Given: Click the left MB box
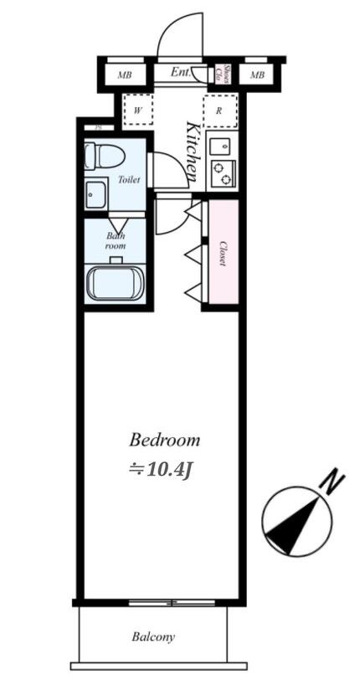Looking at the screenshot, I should click(125, 75).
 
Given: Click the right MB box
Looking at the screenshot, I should click(257, 75).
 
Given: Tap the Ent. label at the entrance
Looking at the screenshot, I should click(181, 73).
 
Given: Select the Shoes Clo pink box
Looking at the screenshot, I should click(223, 74).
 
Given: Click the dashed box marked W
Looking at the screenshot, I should click(138, 110).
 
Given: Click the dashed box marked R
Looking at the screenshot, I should click(219, 110).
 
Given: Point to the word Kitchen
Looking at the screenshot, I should click(192, 152).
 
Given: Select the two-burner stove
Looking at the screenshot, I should click(223, 173).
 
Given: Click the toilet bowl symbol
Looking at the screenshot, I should click(105, 156).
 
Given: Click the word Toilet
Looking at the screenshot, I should click(129, 179).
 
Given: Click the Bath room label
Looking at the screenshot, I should click(116, 240).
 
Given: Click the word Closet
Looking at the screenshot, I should click(224, 254).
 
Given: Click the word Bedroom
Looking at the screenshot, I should click(164, 440).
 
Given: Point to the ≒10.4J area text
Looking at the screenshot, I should click(162, 469).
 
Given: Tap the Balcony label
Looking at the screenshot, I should click(153, 637).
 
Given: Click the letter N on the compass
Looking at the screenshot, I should click(334, 483).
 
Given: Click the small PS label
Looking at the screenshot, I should click(99, 127).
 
